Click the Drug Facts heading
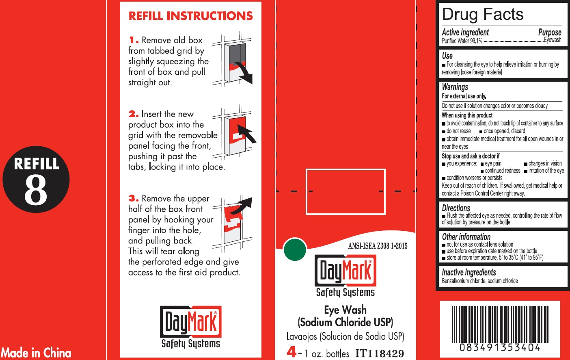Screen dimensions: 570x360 click(x=483, y=14)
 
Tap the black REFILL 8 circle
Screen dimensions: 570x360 click(x=36, y=179)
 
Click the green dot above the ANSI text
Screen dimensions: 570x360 click(x=295, y=249)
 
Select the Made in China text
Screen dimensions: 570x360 click(x=36, y=353)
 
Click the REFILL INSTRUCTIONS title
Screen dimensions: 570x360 click(x=190, y=16)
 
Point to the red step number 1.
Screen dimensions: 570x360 click(x=134, y=40)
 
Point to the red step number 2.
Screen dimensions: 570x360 click(x=134, y=114)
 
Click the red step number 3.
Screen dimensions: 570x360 click(x=134, y=198)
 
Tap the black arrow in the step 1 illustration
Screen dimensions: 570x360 click(x=245, y=73)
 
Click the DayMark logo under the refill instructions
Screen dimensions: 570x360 click(x=191, y=327)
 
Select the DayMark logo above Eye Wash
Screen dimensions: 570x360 click(x=345, y=276)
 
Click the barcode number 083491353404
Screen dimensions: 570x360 click(x=500, y=347)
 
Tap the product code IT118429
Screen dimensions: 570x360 click(x=380, y=353)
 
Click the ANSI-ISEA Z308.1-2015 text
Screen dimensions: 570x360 click(x=378, y=246)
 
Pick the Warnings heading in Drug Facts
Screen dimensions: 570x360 click(x=455, y=87)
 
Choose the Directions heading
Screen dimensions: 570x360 click(x=456, y=208)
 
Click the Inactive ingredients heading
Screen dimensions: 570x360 click(x=469, y=272)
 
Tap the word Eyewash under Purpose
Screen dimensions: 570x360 click(x=553, y=40)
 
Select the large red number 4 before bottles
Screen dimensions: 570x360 click(x=291, y=352)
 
